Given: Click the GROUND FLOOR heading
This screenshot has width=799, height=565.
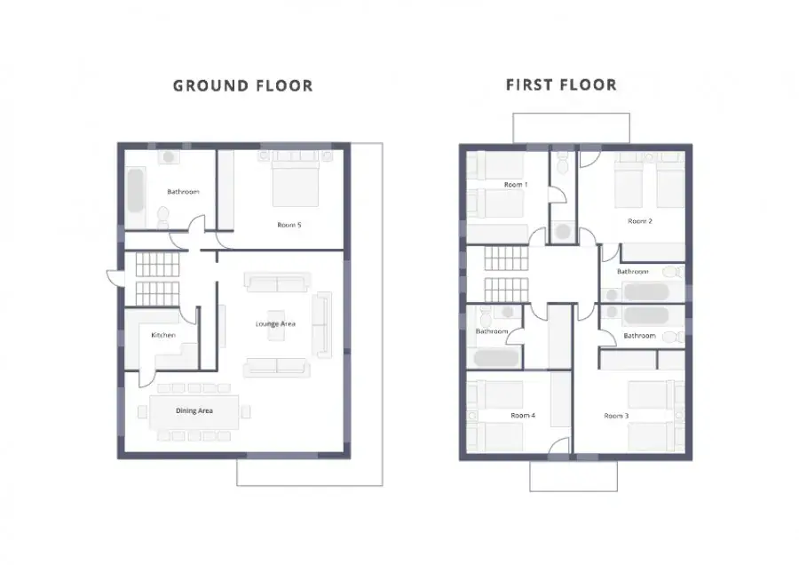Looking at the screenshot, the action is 243,85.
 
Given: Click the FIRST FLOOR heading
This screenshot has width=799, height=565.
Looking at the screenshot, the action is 561,84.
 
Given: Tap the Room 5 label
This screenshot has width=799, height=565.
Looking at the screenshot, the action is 289,225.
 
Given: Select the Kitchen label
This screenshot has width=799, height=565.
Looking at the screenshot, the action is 163,335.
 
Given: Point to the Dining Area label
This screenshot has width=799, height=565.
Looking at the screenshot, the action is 194,410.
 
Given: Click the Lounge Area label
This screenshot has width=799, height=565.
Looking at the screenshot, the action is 275,323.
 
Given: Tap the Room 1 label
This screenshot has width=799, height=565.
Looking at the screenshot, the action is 516,185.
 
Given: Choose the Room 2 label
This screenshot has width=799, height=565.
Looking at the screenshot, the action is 639,221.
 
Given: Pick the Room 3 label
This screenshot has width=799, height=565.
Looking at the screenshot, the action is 616,416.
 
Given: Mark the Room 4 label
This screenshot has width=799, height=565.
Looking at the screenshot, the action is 523,416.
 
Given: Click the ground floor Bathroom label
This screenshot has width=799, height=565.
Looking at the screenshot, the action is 183,192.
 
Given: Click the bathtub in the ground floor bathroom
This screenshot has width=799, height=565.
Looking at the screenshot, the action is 135,191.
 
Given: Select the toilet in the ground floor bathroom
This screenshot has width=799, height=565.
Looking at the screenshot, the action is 163,218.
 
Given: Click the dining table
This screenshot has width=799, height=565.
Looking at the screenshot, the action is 194,411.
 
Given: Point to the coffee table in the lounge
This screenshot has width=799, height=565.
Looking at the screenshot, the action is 276,325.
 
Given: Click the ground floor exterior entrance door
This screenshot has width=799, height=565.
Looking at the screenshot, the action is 115,277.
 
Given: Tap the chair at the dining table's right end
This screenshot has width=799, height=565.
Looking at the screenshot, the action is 245,411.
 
